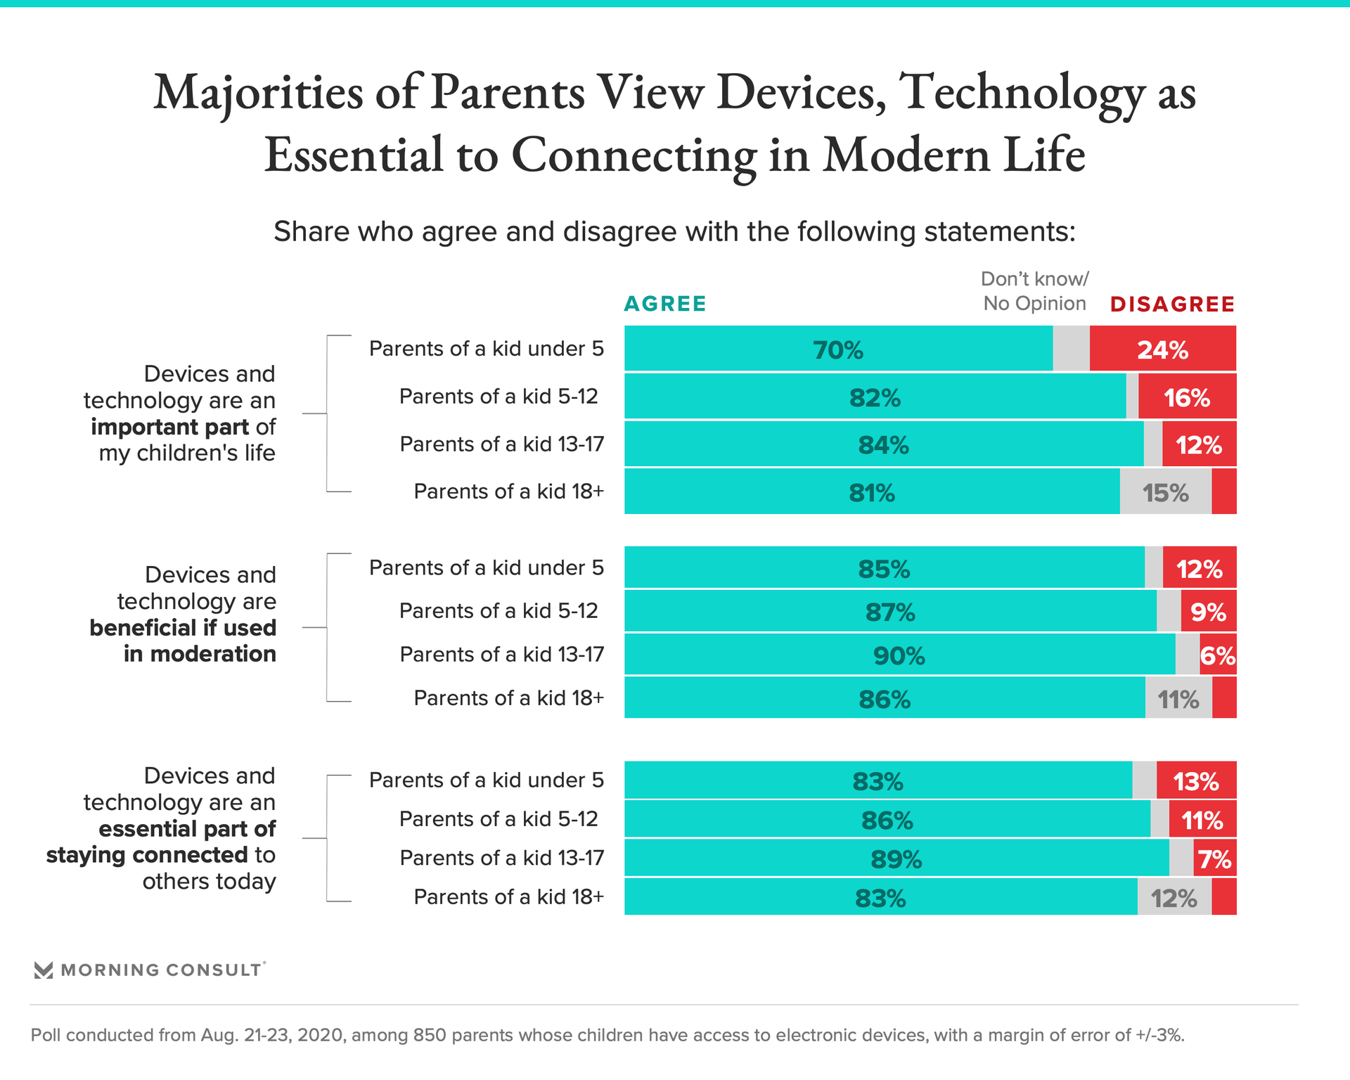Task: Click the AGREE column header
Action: tap(664, 304)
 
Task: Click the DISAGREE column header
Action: tap(1172, 304)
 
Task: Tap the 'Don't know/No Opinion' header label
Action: tap(1034, 291)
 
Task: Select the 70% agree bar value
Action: tap(838, 349)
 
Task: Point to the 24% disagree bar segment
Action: tap(1162, 349)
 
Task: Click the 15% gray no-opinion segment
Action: tap(1165, 493)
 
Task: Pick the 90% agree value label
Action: tap(899, 656)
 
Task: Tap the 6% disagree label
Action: tap(1218, 656)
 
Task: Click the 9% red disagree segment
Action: tap(1208, 612)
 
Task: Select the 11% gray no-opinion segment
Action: tap(1178, 700)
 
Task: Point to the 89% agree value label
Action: tap(896, 859)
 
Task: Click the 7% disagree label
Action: tap(1215, 859)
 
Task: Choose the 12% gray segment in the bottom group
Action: tap(1174, 898)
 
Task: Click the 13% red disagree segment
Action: tap(1196, 781)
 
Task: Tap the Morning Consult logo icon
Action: tap(44, 970)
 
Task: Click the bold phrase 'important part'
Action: tap(169, 427)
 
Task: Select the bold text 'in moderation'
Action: tap(200, 654)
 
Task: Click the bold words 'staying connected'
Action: tap(147, 855)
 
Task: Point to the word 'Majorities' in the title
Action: tap(258, 93)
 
